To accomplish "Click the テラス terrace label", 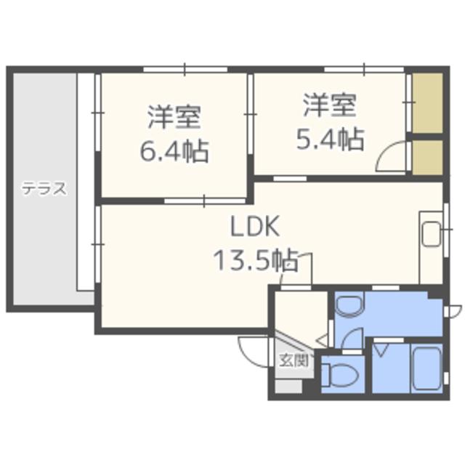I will coord(44,190).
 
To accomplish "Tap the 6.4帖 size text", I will coord(174,152).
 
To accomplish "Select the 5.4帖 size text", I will coord(330,139).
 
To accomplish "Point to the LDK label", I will coord(255,227).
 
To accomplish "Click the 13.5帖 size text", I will coord(254,259).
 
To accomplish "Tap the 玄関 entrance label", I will coord(294,359).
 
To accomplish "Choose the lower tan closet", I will coord(427,155).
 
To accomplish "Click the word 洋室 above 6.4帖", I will coord(174,116).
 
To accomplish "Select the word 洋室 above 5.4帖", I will coord(330,106).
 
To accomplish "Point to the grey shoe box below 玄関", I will coord(287,386).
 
